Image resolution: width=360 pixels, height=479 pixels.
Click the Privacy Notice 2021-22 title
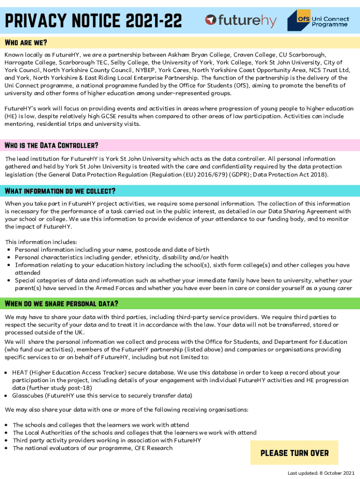[94, 21]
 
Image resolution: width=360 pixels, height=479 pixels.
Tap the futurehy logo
[241, 21]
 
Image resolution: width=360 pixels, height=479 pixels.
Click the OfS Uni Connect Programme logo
[317, 20]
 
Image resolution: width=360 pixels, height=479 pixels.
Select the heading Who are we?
[26, 43]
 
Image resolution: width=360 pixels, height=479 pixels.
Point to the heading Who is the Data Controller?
[51, 145]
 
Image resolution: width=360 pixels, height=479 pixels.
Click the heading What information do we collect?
[60, 191]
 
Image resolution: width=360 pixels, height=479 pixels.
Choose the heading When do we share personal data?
[61, 304]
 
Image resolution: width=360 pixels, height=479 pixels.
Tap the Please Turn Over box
[294, 453]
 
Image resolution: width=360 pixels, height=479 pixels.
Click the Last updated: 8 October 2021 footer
[321, 473]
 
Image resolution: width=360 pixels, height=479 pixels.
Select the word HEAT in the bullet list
[21, 373]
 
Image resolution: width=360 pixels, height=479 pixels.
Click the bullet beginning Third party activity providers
[107, 441]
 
